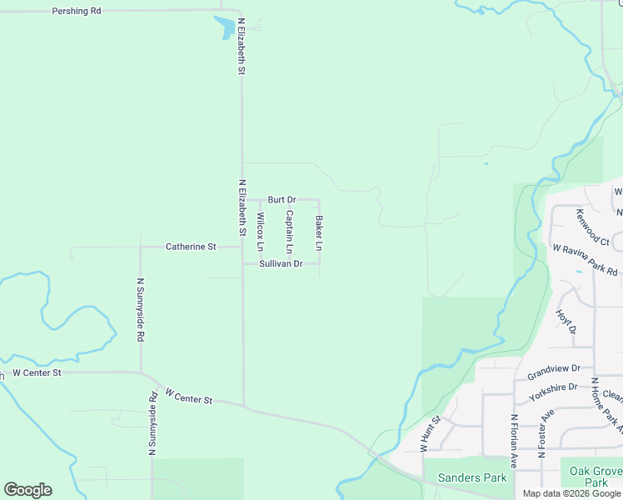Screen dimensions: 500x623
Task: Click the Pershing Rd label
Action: coord(76,12)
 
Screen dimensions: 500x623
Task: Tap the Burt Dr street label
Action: coord(282,200)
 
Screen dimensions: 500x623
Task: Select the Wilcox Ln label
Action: coord(260,232)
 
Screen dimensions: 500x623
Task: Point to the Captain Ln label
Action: coord(289,232)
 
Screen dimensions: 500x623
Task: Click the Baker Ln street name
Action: coord(318,233)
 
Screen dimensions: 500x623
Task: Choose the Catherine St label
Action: coord(191,247)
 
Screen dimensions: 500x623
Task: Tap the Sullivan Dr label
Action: coord(280,263)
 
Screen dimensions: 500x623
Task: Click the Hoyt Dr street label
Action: coord(566,322)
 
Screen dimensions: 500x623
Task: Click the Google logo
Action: coord(27,490)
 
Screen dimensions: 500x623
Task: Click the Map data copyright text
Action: coord(571,493)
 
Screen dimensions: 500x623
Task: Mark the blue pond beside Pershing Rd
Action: coord(224,28)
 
